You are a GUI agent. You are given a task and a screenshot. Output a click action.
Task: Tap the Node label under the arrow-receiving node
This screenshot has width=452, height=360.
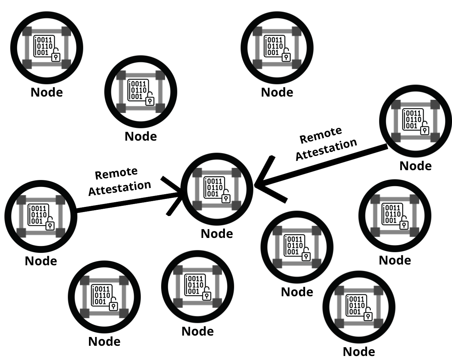pos(217,234)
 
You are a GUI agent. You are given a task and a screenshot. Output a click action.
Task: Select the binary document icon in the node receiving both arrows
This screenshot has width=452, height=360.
pos(214,187)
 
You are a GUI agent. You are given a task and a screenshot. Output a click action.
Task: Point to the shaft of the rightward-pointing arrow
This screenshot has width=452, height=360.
pos(128,202)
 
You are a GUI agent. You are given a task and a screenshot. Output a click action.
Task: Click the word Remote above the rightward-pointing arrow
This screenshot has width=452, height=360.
pos(116,173)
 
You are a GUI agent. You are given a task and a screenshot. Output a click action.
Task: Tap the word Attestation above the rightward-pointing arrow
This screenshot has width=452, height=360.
pos(120,188)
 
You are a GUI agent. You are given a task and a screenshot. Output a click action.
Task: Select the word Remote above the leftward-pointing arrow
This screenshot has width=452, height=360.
pos(321,135)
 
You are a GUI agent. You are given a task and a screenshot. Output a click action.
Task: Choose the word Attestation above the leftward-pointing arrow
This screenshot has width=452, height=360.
pos(326,149)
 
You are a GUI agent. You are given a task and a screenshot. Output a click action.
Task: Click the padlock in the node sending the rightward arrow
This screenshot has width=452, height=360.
pos(50,226)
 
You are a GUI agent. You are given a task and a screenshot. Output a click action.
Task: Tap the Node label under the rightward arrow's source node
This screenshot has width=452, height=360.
pos(41,261)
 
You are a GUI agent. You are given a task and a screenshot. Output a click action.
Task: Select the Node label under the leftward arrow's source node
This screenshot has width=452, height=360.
pos(416,166)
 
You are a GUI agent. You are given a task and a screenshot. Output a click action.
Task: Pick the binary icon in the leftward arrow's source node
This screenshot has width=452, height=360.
pos(413,120)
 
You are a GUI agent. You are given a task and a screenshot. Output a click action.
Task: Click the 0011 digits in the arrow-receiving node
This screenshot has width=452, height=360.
pos(215,181)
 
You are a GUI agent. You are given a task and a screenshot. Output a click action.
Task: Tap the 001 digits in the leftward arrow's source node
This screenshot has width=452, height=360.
pos(412,126)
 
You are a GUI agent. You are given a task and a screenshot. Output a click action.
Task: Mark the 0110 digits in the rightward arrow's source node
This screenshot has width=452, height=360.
pos(39,215)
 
